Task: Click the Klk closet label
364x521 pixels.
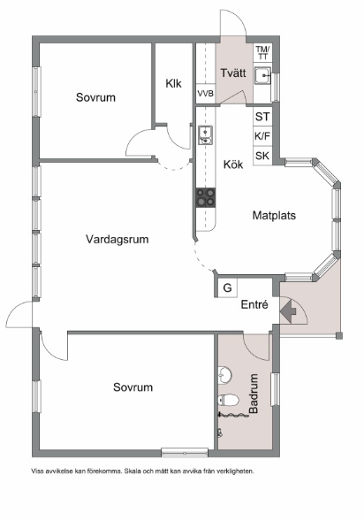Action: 173,84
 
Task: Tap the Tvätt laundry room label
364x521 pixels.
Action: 233,73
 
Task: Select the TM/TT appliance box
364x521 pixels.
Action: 262,52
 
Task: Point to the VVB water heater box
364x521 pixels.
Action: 205,94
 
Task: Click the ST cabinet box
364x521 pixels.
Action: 262,117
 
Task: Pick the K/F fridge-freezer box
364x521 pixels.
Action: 262,136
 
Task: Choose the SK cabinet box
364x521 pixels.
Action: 262,156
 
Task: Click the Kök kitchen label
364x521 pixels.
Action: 233,165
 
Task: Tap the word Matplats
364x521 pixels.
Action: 274,215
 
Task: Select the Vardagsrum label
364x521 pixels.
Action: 117,239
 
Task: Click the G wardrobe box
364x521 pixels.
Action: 227,287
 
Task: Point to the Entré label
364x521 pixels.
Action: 255,305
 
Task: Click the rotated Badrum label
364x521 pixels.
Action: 254,395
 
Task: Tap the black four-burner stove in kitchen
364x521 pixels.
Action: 205,198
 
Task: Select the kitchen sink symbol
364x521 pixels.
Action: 205,134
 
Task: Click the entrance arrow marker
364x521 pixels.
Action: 287,310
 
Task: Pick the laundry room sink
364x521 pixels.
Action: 262,77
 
